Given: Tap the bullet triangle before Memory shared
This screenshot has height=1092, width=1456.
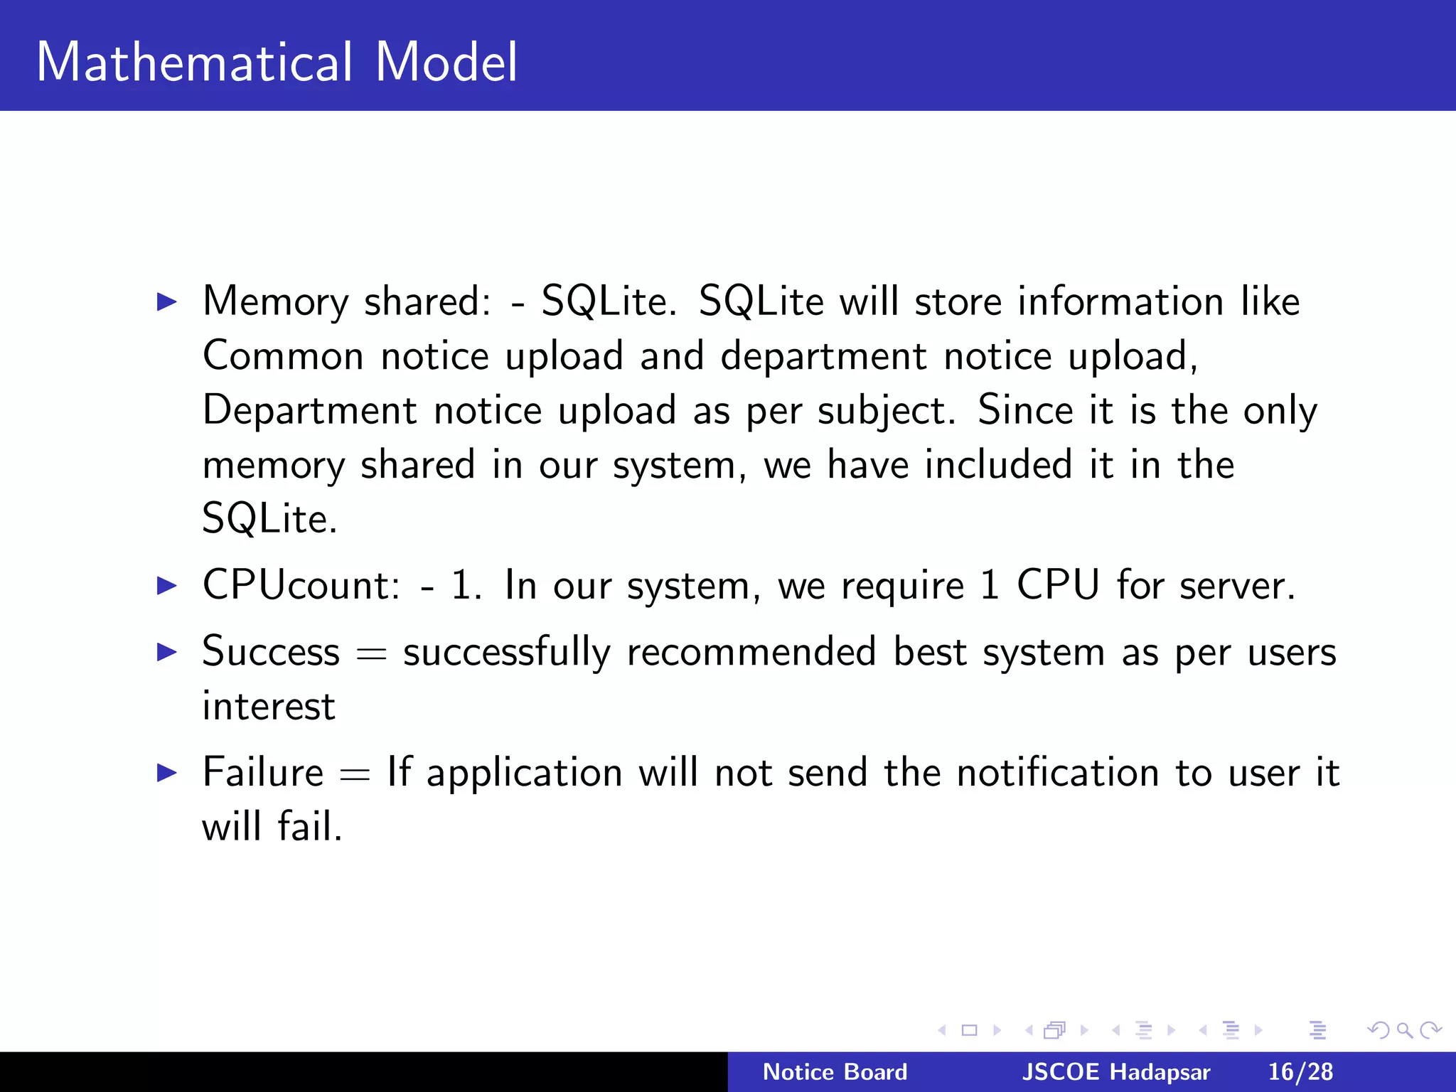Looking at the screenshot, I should coord(166,302).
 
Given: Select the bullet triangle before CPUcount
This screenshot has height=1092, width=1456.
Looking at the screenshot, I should coord(166,586).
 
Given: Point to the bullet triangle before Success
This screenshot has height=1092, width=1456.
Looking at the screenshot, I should coord(166,651).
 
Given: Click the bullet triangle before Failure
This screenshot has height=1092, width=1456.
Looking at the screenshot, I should coord(166,772).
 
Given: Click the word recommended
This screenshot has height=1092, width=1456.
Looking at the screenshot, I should coord(751,651).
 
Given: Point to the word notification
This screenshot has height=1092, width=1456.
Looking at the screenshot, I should coord(1058,772).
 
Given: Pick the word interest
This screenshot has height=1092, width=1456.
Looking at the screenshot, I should coord(269,707).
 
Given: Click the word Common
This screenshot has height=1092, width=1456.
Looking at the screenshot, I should coord(283,355).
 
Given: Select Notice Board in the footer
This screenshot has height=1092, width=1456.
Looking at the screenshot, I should coord(835,1072).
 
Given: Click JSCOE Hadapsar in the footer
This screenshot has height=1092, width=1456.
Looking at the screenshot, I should coord(1115,1072).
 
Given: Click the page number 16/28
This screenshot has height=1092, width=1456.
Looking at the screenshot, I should coord(1300,1072).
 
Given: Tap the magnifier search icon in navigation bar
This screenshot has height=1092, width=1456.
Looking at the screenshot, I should coord(1404,1029).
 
